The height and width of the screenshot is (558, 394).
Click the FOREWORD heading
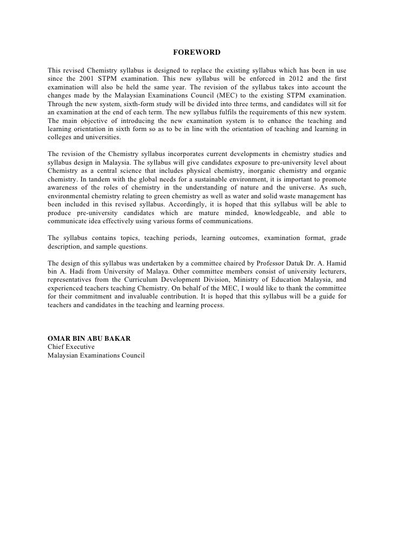(196, 53)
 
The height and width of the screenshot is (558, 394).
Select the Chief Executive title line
(71, 347)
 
